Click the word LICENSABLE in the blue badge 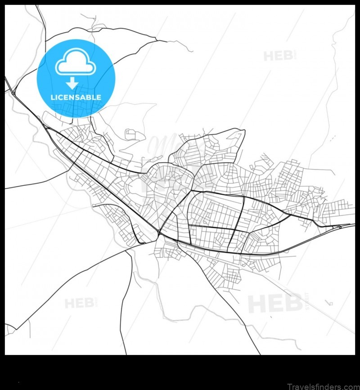point(76,97)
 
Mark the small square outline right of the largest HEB point(331,304)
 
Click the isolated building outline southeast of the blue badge point(131,134)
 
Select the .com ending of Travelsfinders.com point(347,386)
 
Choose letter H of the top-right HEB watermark point(269,56)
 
